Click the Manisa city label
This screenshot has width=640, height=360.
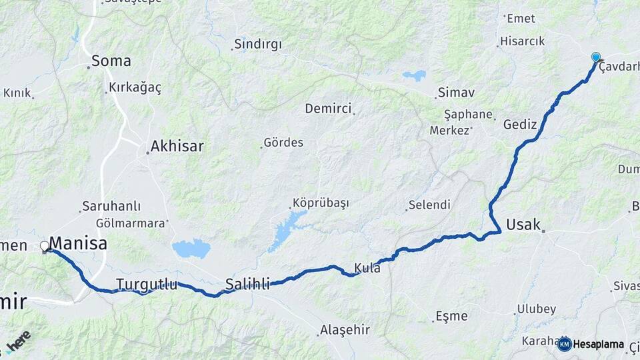[x=78, y=243]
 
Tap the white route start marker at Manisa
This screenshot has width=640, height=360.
[x=45, y=247]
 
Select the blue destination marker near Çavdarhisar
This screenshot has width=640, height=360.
[x=595, y=58]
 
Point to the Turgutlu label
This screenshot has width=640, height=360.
[x=147, y=285]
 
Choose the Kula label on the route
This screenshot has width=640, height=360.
[x=367, y=268]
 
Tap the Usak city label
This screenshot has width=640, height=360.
[x=523, y=224]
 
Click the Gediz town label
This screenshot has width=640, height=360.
[x=520, y=125]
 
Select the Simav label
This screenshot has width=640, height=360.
[x=456, y=93]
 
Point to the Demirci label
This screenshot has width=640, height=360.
[x=327, y=108]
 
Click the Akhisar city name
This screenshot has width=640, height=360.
[x=177, y=146]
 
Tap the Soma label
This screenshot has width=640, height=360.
[x=111, y=61]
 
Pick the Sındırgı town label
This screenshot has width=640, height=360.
[x=257, y=45]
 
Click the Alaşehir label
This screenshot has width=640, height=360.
[x=345, y=329]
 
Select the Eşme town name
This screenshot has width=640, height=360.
[x=451, y=315]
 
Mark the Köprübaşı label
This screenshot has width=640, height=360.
[x=321, y=203]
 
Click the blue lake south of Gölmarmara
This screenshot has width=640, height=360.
[x=191, y=249]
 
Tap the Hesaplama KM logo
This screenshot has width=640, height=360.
[x=591, y=344]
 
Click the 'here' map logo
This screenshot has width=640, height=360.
[x=19, y=341]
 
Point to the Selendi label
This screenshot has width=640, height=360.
[x=429, y=205]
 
